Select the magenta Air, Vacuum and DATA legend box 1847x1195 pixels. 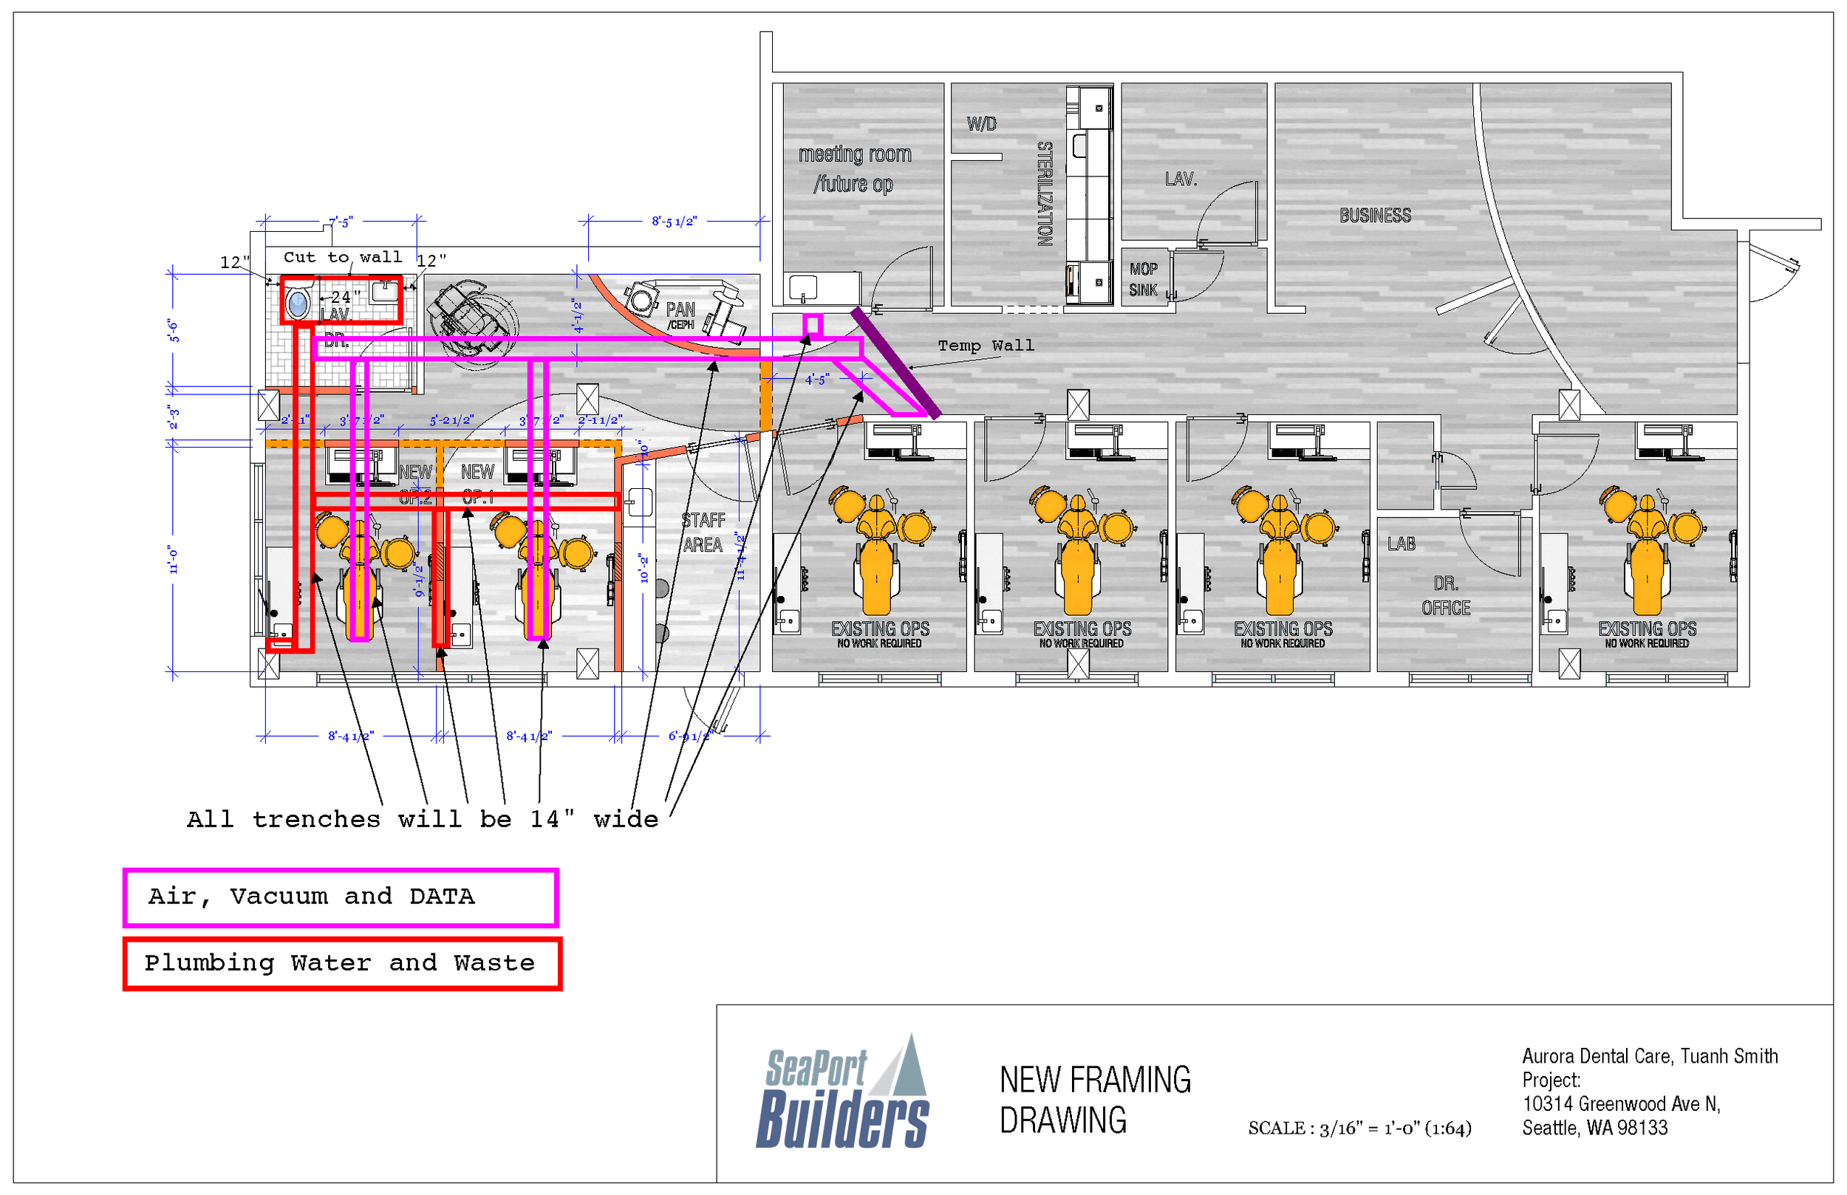[x=341, y=898]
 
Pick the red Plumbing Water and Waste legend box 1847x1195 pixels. [x=342, y=964]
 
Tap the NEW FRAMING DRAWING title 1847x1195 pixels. [x=1094, y=1100]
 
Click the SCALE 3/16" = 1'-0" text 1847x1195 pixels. [x=1359, y=1129]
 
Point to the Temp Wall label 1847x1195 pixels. [x=986, y=346]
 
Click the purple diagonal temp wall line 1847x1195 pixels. [x=896, y=363]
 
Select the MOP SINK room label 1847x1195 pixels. [x=1143, y=279]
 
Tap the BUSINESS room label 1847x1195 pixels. [x=1374, y=216]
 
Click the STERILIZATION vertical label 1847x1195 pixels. [x=1045, y=194]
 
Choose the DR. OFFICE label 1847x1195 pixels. [x=1445, y=596]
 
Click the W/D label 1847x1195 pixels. [x=982, y=124]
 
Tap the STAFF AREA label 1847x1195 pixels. [x=703, y=533]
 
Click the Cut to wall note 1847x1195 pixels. [x=342, y=258]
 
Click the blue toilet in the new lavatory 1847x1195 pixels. [x=298, y=304]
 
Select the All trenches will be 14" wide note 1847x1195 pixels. [x=422, y=819]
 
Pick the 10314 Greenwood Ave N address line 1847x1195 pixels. [x=1621, y=1104]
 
